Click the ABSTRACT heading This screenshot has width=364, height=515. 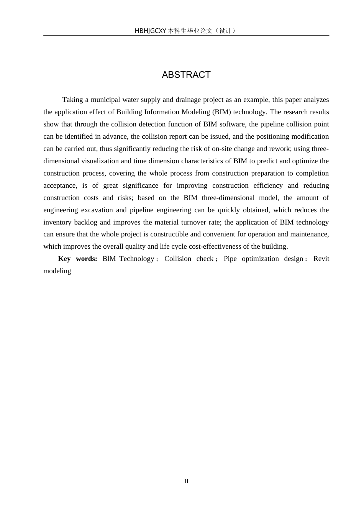pyautogui.click(x=186, y=75)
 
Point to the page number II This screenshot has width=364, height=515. pyautogui.click(x=186, y=481)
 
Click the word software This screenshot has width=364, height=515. pyautogui.click(x=233, y=124)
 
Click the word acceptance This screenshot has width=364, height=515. pyautogui.click(x=60, y=185)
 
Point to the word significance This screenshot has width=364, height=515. pyautogui.click(x=140, y=185)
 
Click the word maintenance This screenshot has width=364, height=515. pyautogui.click(x=309, y=234)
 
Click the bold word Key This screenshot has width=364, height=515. pyautogui.click(x=64, y=259)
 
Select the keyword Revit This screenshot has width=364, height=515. pyautogui.click(x=321, y=259)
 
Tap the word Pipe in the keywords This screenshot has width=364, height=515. pyautogui.click(x=230, y=259)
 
